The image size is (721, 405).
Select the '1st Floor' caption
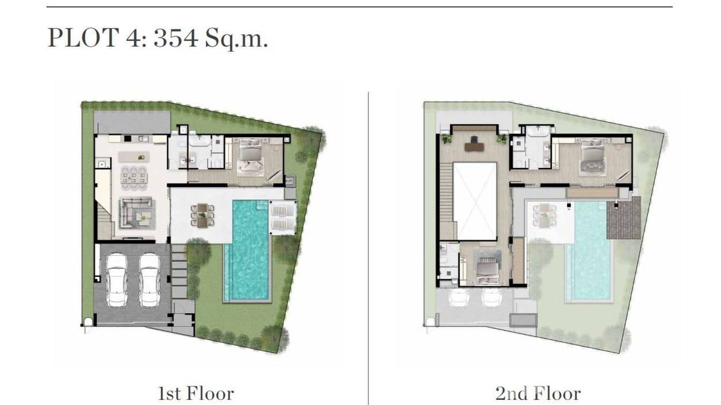pos(196,393)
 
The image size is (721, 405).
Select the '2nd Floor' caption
pos(537,393)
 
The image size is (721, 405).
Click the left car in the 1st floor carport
pos(117,280)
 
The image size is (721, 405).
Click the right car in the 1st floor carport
pos(149,280)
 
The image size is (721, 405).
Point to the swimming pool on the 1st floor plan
pos(247,250)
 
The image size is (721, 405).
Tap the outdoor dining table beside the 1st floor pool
pos(202,215)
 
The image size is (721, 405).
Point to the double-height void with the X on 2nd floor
pos(474,201)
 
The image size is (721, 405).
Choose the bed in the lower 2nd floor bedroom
pos(487,265)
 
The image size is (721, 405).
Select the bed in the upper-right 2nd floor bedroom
pos(593,157)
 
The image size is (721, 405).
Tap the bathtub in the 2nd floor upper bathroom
pos(535,132)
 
